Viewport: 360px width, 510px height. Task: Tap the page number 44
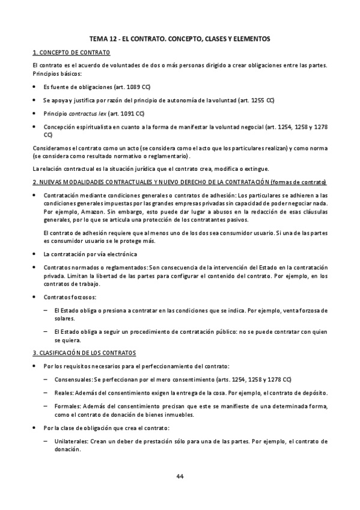coord(180,476)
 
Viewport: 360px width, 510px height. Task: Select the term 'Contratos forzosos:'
coord(69,297)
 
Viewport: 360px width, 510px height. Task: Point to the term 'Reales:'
coord(63,392)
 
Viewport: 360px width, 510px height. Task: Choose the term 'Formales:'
coord(66,406)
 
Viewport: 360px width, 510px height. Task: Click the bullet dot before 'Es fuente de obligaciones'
coord(35,87)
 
